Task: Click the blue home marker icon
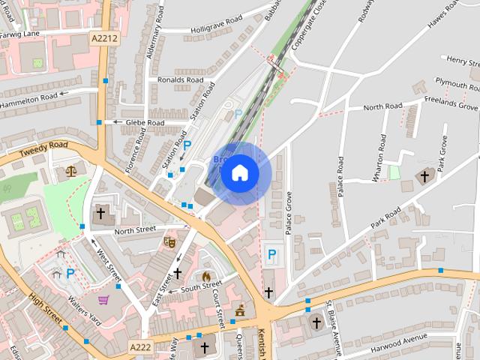click(239, 173)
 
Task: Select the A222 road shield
click(139, 347)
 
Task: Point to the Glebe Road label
click(145, 122)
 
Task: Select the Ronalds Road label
click(180, 79)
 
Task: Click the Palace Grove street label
click(287, 212)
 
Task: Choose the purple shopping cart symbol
click(103, 299)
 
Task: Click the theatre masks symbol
click(169, 241)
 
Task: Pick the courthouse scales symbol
click(71, 172)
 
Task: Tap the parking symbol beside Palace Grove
click(271, 254)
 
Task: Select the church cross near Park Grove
click(424, 177)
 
